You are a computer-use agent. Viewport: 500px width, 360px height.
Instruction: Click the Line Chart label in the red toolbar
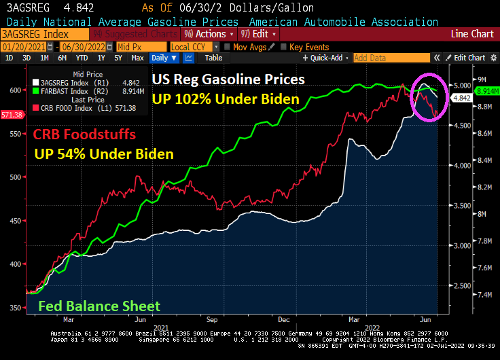click(x=473, y=33)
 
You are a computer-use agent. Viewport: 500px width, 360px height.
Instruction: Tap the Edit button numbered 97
click(x=254, y=33)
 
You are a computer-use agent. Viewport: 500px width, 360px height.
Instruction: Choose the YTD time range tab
click(x=82, y=58)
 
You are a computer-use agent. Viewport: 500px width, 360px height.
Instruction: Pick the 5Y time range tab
click(x=119, y=58)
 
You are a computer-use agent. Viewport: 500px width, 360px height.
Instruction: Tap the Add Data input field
click(x=391, y=58)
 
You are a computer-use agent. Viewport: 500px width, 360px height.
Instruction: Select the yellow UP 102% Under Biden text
click(x=226, y=99)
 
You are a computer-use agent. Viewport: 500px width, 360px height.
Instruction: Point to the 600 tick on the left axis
click(x=14, y=90)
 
